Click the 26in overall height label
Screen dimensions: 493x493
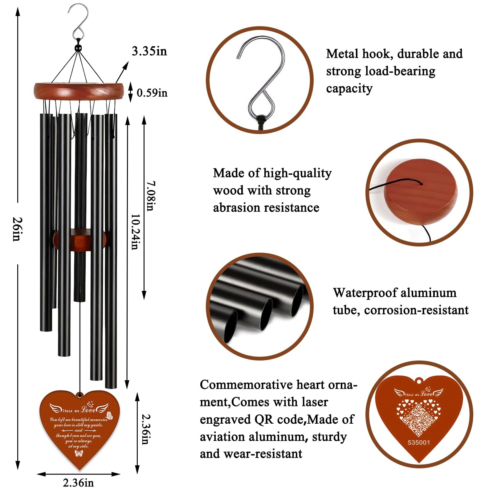point(17,229)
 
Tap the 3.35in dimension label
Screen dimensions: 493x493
point(149,51)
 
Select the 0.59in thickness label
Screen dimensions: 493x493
point(152,93)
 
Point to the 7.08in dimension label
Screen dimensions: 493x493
point(150,196)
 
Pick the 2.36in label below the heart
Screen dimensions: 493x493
point(78,483)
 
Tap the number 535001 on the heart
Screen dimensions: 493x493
point(418,442)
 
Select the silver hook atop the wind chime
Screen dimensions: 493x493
point(79,22)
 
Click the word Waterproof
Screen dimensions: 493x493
point(359,293)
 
